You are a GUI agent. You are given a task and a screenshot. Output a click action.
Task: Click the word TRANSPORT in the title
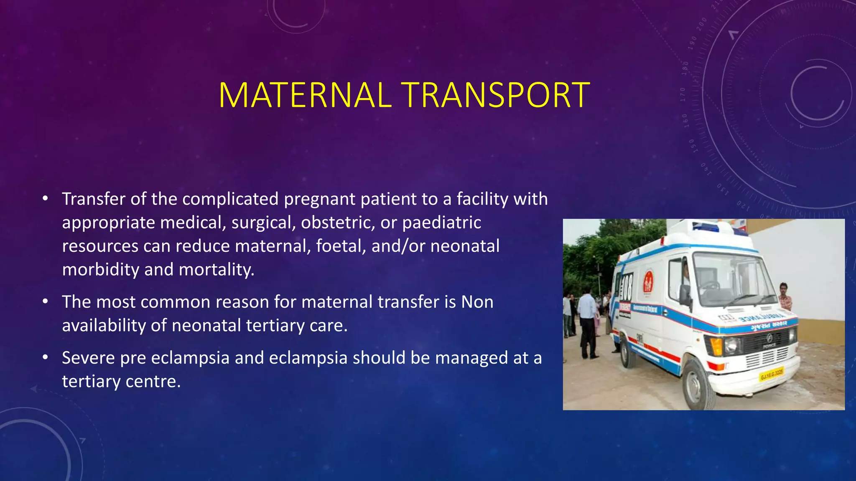point(496,95)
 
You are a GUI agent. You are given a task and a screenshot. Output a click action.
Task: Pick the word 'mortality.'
point(217,269)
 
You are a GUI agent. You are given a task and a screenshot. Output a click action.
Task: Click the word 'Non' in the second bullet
point(477,302)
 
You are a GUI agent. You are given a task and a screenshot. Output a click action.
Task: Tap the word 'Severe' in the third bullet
point(88,358)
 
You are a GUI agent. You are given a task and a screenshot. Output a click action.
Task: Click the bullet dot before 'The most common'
point(46,301)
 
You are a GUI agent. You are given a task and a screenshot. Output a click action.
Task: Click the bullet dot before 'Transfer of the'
point(46,198)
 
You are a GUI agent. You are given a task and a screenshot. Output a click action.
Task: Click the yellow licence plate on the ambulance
point(771,374)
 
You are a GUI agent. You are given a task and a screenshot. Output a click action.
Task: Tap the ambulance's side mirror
point(684,295)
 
